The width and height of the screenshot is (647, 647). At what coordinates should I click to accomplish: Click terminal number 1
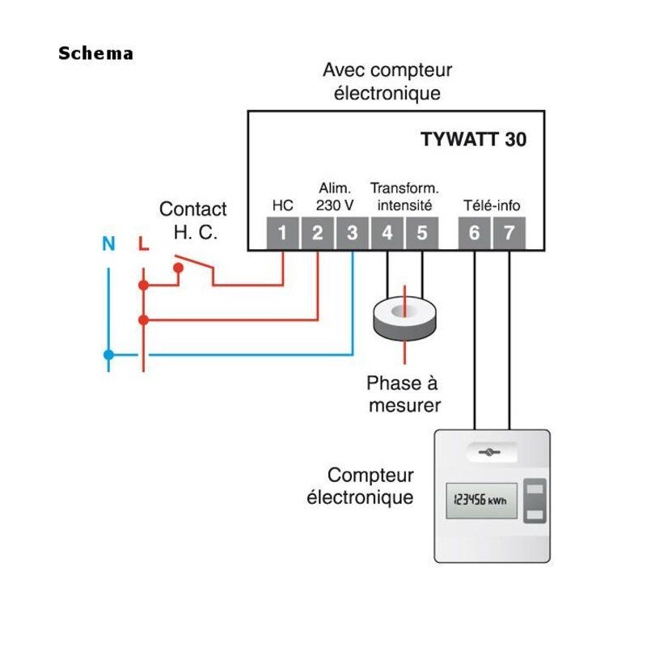282,234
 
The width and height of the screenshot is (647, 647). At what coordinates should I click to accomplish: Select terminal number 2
317,234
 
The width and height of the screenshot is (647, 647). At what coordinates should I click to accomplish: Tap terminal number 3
352,234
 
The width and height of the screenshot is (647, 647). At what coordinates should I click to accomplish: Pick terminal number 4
387,234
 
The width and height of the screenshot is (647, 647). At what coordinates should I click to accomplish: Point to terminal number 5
422,234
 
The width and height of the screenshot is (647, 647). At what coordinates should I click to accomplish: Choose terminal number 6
474,234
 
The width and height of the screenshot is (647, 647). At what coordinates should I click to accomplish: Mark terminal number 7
509,234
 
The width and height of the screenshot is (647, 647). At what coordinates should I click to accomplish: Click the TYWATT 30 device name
473,139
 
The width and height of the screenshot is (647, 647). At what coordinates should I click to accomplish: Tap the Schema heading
95,54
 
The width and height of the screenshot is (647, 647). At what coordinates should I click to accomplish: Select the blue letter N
108,243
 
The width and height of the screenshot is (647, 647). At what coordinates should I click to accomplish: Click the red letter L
143,243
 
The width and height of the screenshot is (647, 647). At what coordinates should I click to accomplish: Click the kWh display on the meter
481,500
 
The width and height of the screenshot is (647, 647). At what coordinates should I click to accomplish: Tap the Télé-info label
491,205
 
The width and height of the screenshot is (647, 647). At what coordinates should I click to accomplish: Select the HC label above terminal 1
282,205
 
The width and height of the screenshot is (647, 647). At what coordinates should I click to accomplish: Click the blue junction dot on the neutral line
108,354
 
